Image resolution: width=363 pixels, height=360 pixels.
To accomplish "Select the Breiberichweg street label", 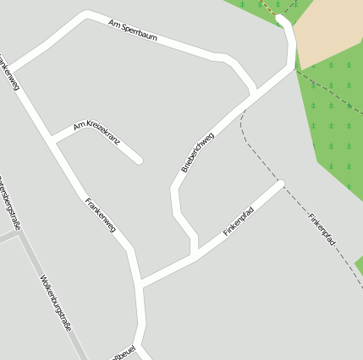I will (x=197, y=152).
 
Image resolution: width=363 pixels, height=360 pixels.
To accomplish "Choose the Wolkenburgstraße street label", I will (x=55, y=302).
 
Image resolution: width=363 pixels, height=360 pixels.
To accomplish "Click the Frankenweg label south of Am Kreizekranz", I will (x=99, y=214).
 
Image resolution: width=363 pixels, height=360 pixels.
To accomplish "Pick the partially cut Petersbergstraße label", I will (x=9, y=202).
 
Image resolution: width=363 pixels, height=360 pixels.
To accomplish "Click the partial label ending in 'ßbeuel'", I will (x=124, y=352).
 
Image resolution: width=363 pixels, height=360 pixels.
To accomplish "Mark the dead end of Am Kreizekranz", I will (x=139, y=160).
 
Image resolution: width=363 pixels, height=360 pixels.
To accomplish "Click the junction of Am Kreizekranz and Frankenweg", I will (x=54, y=139).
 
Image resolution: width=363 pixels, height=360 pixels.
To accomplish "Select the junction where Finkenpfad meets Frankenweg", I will (x=139, y=284).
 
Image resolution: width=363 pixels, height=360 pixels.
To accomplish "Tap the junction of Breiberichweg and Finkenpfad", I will (x=195, y=256).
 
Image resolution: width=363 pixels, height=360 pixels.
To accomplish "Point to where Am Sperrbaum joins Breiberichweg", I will (x=254, y=90).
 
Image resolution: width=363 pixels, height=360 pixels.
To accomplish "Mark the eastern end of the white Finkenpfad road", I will (x=280, y=183).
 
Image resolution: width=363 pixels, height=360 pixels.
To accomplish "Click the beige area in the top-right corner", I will (x=329, y=30).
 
